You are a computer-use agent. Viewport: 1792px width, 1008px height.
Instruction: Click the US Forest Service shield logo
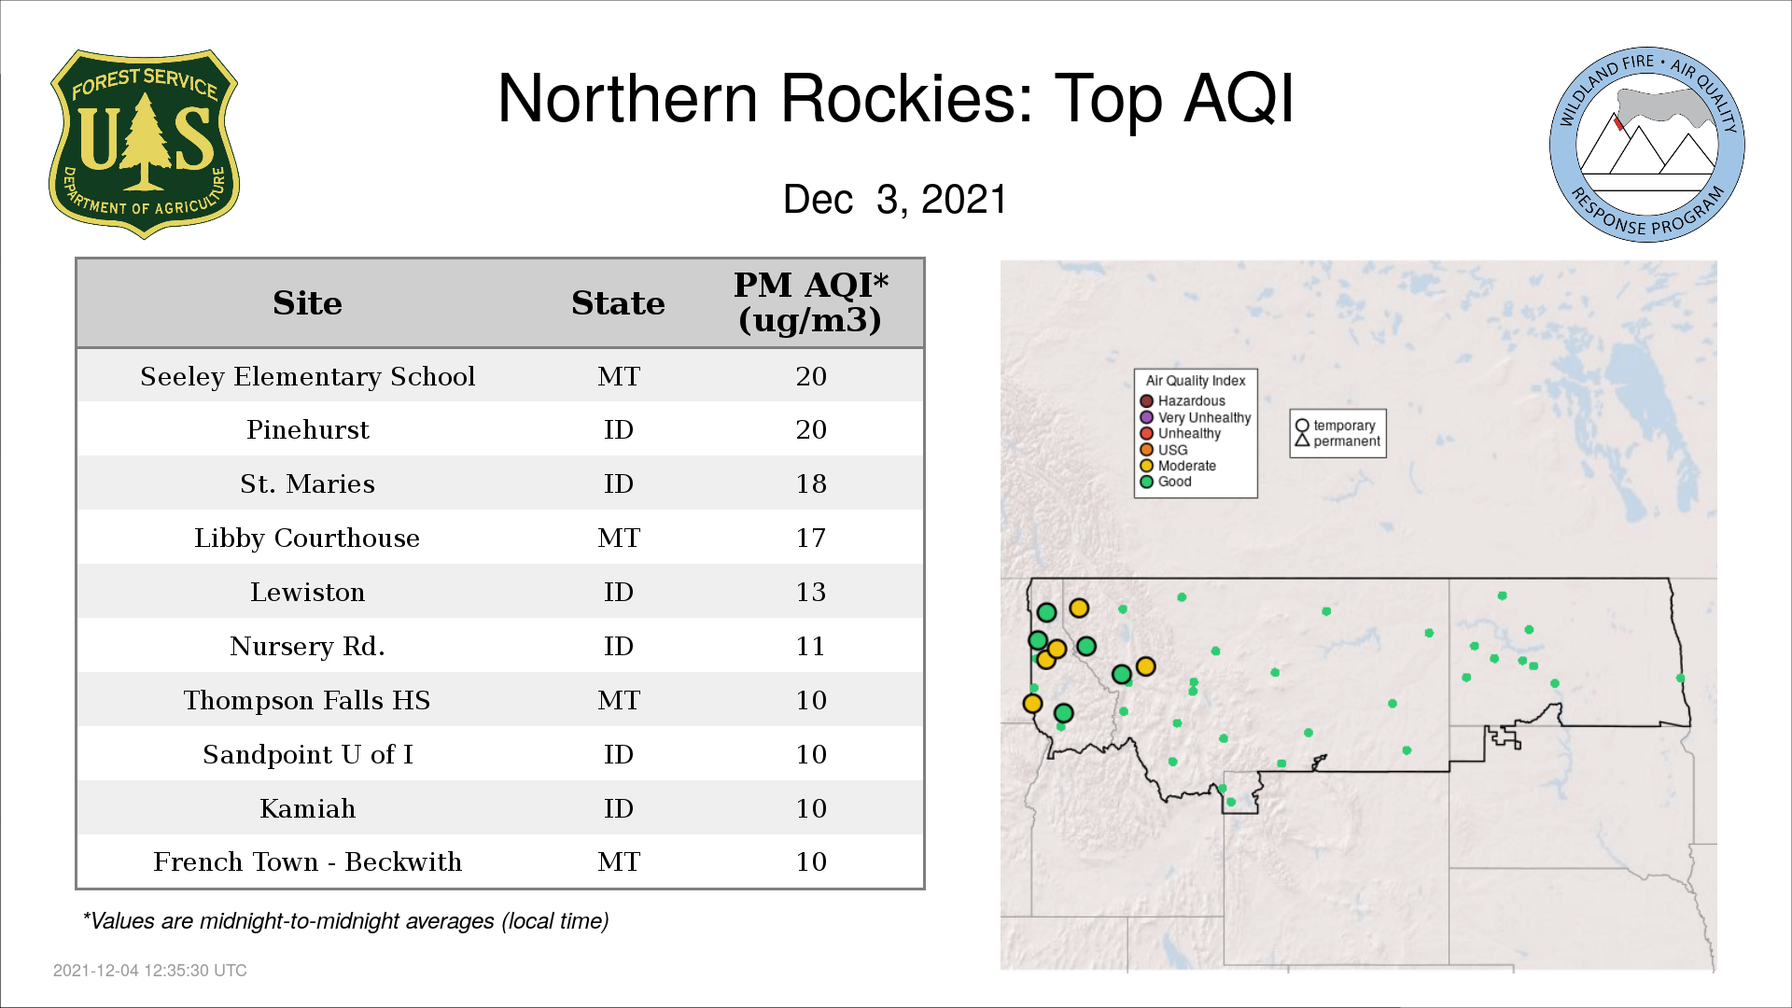click(144, 144)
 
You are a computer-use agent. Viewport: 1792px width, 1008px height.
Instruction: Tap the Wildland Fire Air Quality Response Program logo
click(1647, 145)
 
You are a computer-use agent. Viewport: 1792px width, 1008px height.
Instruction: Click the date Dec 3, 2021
click(895, 200)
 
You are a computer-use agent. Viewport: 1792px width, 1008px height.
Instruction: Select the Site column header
click(307, 303)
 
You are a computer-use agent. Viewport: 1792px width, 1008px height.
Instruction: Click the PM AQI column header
click(810, 302)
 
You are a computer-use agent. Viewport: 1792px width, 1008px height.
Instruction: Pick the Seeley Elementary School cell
click(307, 376)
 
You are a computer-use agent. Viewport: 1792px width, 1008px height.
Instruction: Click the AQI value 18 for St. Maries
click(811, 483)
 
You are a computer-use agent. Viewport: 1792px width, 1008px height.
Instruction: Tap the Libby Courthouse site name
click(307, 539)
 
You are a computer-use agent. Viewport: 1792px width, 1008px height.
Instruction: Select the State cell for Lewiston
click(618, 592)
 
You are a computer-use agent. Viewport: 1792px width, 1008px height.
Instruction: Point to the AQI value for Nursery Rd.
click(810, 646)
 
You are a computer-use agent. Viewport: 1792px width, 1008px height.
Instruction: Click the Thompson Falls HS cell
click(307, 700)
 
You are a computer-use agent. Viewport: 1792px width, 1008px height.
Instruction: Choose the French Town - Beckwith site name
click(307, 861)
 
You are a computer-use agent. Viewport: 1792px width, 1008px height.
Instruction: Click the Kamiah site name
click(307, 808)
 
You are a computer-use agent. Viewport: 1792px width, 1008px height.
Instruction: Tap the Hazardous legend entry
click(1183, 401)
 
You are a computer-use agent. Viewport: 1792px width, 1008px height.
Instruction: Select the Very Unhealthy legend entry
click(1196, 417)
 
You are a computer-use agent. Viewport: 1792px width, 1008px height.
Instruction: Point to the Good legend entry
click(1166, 482)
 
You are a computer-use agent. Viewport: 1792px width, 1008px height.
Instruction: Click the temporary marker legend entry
click(1336, 426)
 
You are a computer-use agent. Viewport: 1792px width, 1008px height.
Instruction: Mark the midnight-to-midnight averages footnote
click(345, 921)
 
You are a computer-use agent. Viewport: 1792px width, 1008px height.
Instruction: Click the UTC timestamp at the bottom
click(150, 971)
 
